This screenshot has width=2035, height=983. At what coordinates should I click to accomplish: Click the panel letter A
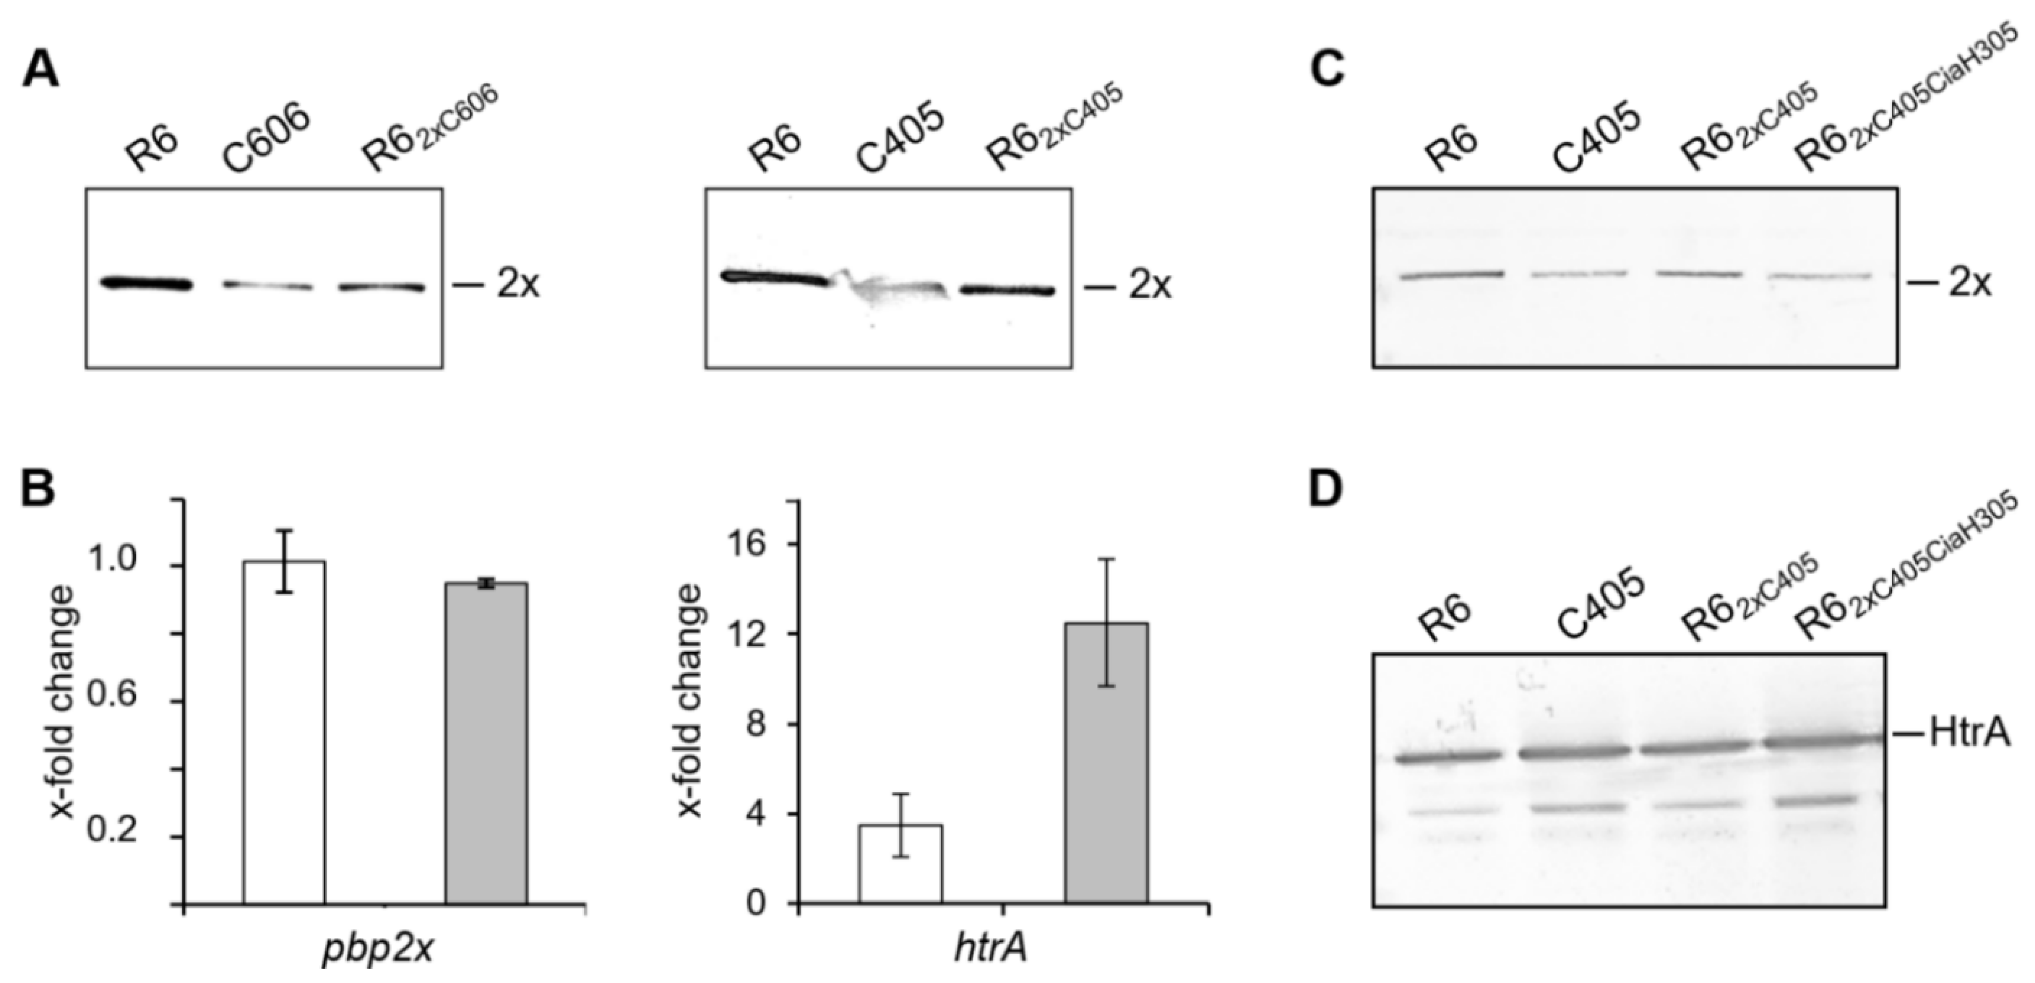(41, 69)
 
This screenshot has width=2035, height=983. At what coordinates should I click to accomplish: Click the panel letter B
(38, 489)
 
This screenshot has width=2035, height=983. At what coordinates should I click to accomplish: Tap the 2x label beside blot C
(1969, 282)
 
